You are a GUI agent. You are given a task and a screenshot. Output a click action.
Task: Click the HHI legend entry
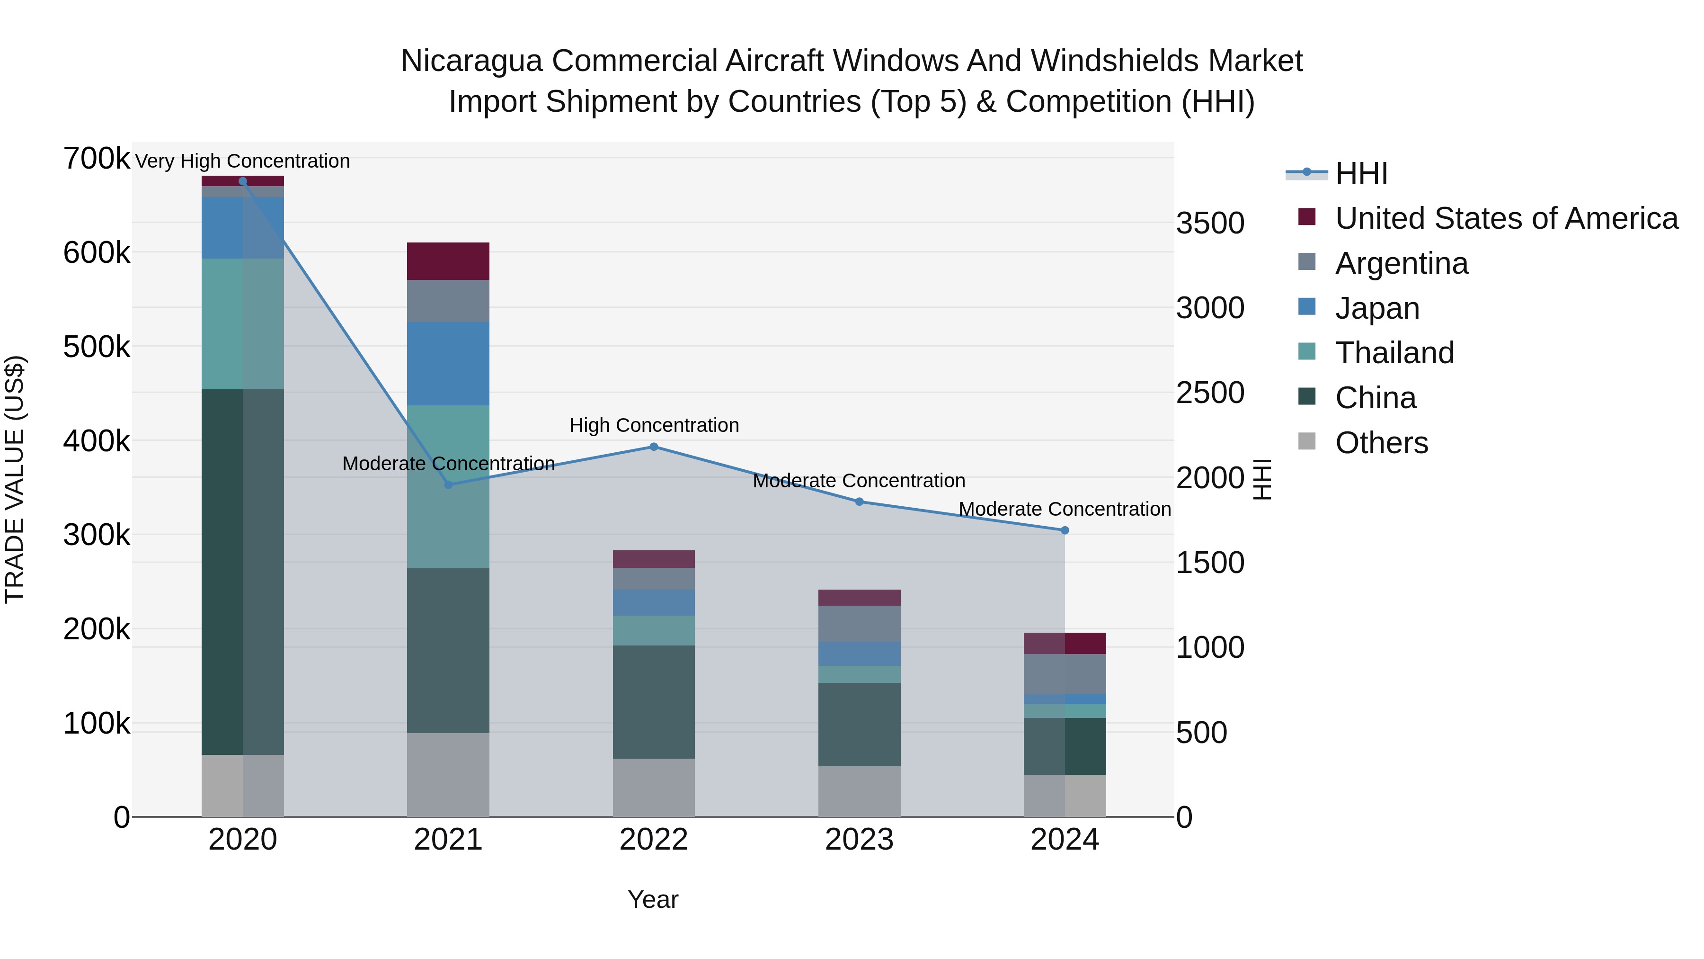[1361, 173]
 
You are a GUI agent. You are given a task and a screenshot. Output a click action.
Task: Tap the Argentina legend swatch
[1306, 262]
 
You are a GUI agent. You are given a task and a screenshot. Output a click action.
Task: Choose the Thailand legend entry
[1394, 353]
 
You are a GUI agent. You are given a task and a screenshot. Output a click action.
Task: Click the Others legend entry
[1381, 443]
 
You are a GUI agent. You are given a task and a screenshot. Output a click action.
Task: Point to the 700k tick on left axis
[97, 159]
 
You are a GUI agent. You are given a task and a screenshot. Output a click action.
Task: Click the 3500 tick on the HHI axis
[1210, 223]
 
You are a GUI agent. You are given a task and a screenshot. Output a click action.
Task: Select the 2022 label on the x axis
[654, 840]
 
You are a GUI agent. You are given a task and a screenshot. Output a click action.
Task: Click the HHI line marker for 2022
[654, 447]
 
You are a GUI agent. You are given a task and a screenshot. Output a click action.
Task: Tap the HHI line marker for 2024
[1065, 530]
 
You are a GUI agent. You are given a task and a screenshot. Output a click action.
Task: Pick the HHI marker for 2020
[243, 181]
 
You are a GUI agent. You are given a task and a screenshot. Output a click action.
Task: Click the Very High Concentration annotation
[242, 161]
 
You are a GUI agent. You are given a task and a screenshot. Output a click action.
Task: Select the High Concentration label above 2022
[654, 426]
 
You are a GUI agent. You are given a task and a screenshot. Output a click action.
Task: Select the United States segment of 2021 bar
[448, 261]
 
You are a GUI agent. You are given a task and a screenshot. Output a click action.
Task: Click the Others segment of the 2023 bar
[859, 791]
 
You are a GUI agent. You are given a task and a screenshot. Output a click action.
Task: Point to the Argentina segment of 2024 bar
[1065, 674]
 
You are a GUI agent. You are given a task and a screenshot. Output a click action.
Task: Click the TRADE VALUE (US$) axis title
[15, 479]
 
